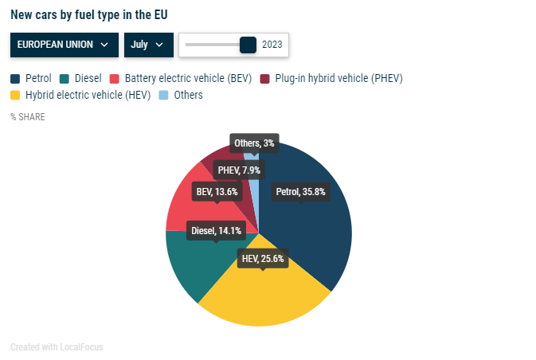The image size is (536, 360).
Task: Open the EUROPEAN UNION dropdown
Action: (x=64, y=45)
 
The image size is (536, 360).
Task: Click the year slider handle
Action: (x=248, y=45)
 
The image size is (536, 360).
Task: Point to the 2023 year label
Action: (x=272, y=45)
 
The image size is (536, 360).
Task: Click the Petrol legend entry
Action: (x=31, y=78)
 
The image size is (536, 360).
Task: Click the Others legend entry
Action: (x=181, y=95)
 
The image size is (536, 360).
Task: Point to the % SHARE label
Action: (x=28, y=117)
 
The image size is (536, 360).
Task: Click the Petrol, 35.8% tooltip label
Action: (x=300, y=191)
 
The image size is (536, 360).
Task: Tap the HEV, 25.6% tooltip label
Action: (x=262, y=258)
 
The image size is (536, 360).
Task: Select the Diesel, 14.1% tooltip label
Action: (x=217, y=231)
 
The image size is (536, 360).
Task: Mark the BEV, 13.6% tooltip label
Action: (x=217, y=191)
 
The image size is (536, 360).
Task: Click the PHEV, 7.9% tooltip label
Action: (x=239, y=170)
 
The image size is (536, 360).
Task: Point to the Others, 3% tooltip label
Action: (x=254, y=143)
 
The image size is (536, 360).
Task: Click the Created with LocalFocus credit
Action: (x=57, y=347)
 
